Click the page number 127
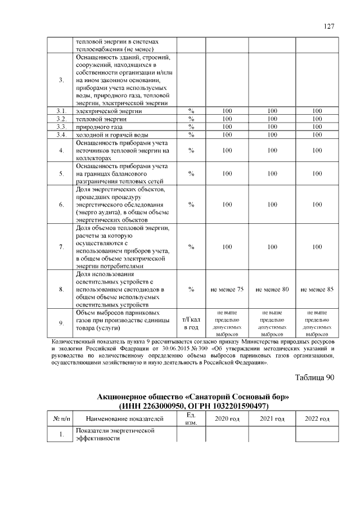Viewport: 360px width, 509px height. (329, 26)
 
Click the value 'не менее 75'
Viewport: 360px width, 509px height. (227, 289)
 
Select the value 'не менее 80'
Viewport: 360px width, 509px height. (272, 289)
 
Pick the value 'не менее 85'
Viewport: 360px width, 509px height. (317, 289)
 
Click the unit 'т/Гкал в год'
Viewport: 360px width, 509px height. (191, 323)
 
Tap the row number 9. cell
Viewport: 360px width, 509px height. (61, 323)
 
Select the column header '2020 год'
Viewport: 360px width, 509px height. (227, 419)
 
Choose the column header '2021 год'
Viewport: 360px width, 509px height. (272, 419)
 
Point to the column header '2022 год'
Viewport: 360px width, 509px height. (317, 419)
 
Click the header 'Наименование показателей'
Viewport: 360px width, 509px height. (124, 419)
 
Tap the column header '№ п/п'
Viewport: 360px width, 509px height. (61, 419)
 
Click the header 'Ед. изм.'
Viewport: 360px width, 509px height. (191, 419)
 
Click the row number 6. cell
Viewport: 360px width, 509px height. (61, 205)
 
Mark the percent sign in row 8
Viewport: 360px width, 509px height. (191, 289)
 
